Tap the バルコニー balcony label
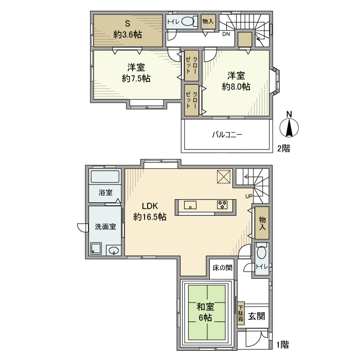(227, 135)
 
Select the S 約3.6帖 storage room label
(128, 29)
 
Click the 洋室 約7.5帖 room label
(136, 73)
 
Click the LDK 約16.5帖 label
(150, 211)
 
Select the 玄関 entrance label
(256, 316)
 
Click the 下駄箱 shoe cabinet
(240, 313)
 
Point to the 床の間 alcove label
(222, 267)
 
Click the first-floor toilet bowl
(261, 254)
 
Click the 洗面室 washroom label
(104, 226)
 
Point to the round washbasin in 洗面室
(114, 251)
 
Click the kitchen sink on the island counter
(190, 205)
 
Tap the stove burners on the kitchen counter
(223, 205)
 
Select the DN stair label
(226, 35)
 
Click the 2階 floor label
(283, 149)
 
